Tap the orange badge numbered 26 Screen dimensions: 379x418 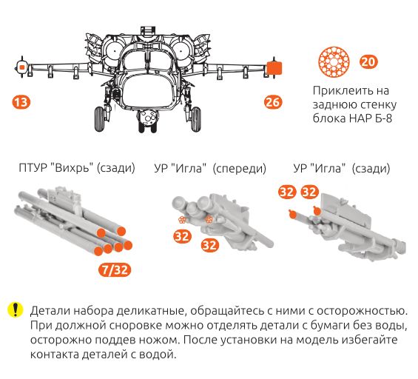pyautogui.click(x=273, y=102)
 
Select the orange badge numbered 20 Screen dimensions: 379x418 pyautogui.click(x=368, y=61)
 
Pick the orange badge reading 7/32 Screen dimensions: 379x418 pyautogui.click(x=115, y=269)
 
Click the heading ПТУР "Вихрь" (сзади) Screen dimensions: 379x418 pyautogui.click(x=77, y=168)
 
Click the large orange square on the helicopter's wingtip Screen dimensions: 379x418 pyautogui.click(x=274, y=67)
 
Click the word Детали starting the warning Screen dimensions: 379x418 pyautogui.click(x=50, y=309)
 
